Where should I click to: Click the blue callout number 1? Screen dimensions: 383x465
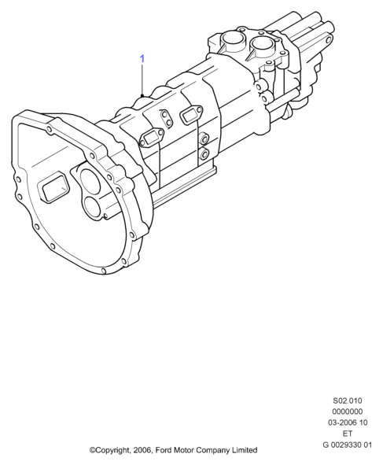(142, 59)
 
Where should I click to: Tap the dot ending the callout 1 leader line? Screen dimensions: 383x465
(142, 95)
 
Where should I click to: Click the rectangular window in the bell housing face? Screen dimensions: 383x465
(54, 188)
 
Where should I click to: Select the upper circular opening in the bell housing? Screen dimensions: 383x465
(91, 181)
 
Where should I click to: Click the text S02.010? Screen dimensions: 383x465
(348, 400)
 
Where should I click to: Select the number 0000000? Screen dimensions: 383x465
(347, 411)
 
